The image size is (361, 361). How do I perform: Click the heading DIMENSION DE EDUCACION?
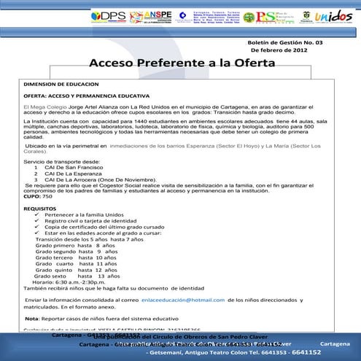point(56,85)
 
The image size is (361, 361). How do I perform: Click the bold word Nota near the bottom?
point(31,319)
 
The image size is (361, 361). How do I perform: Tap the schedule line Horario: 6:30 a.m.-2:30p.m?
point(71,282)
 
